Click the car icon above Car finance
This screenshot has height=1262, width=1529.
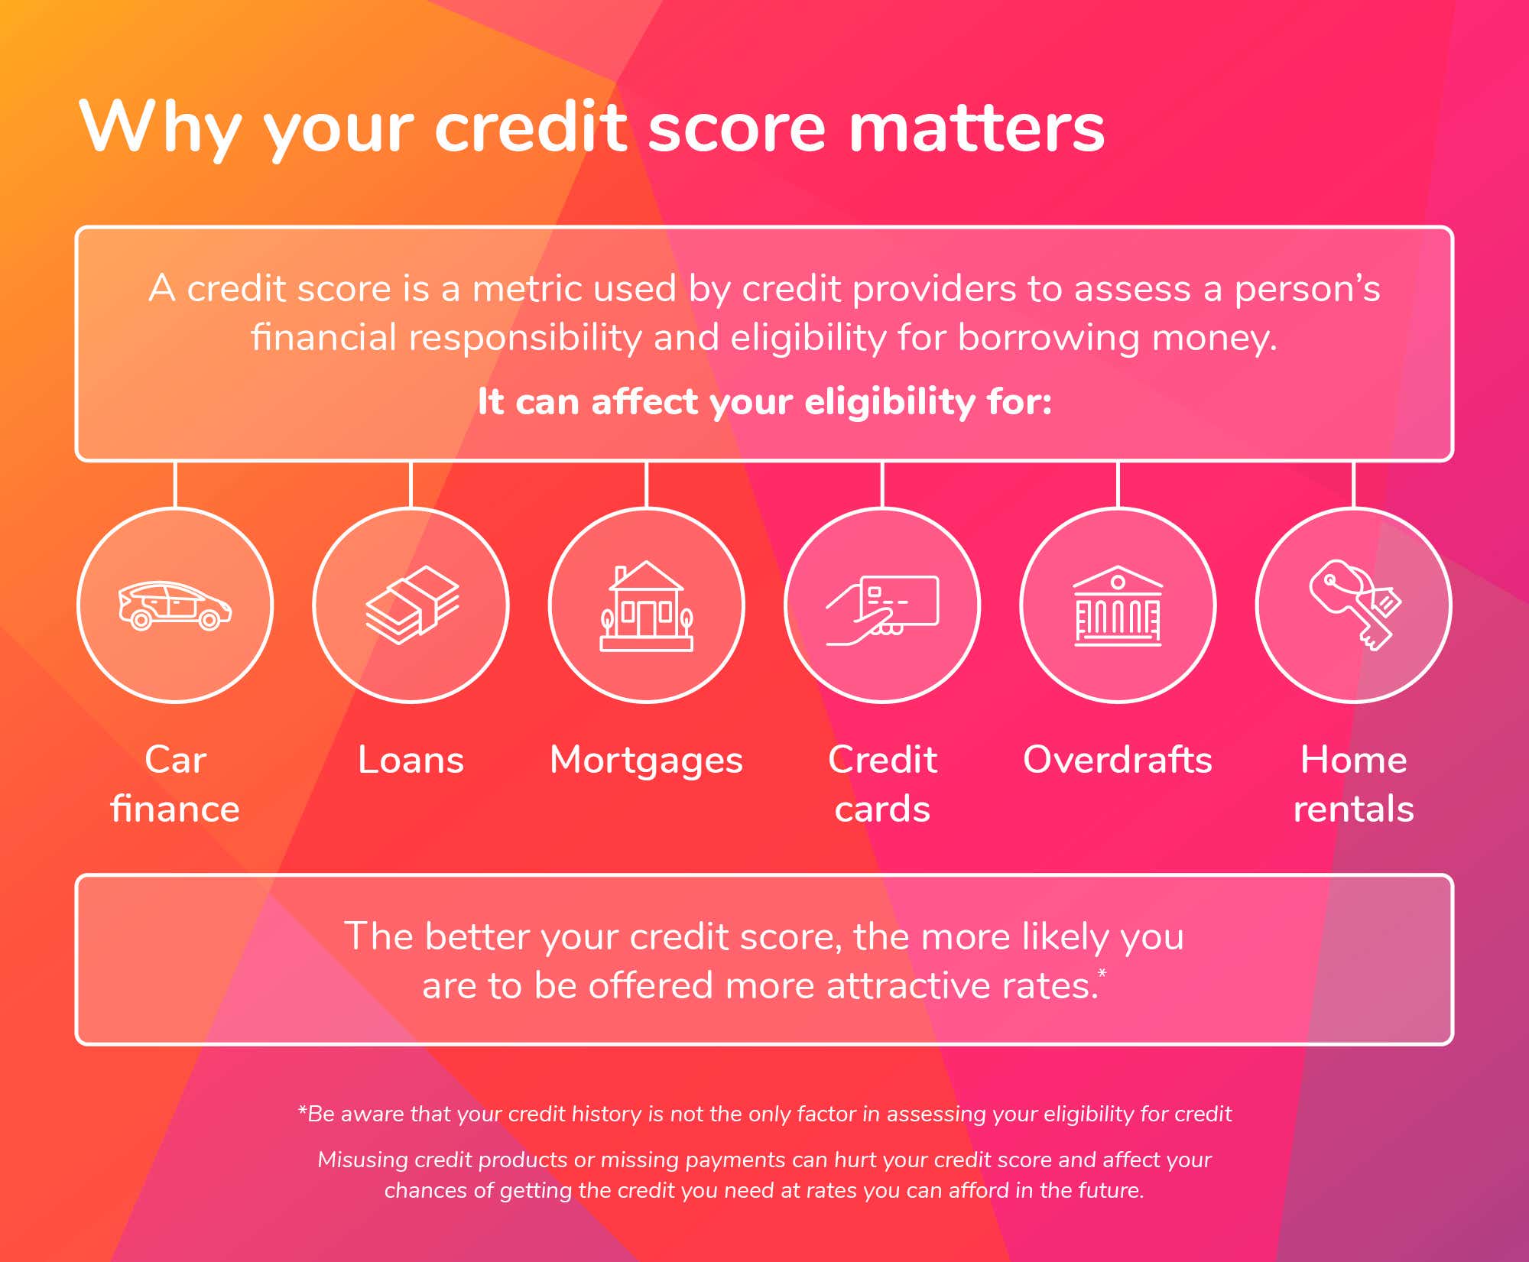point(175,605)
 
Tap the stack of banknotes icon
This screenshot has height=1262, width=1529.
point(411,605)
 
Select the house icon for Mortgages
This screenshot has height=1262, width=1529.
point(647,606)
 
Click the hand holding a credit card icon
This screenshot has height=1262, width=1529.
point(882,610)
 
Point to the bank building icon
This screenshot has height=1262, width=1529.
point(1118,606)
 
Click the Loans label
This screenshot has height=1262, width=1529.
point(411,760)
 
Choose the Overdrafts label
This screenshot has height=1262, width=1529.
point(1118,760)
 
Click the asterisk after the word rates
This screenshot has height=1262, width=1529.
point(1102,973)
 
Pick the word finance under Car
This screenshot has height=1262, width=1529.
point(175,809)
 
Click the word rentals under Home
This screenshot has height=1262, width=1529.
point(1353,809)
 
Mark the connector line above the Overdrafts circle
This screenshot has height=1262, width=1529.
point(1118,485)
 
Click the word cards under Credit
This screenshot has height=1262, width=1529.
point(882,809)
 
